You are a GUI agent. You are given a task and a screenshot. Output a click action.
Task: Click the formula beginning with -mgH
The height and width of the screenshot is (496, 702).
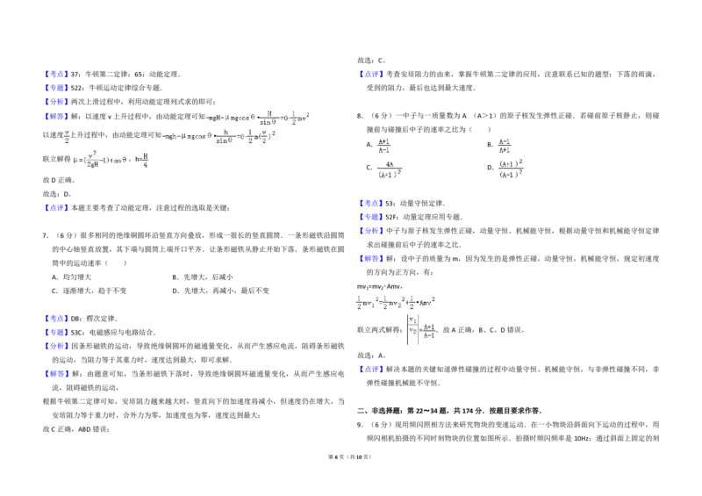[259, 116]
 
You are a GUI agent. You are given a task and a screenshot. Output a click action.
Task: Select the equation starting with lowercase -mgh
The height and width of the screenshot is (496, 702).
[219, 136]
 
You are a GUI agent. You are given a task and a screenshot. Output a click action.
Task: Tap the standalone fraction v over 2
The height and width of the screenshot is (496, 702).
[67, 136]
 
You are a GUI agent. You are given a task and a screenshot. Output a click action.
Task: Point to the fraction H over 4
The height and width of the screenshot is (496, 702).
[147, 158]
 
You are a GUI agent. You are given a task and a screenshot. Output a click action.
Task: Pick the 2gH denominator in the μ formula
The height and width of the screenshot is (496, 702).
[90, 166]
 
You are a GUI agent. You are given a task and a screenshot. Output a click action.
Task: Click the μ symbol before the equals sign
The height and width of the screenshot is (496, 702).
[75, 161]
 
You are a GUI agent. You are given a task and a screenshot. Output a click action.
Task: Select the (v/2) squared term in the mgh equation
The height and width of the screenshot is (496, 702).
[269, 136]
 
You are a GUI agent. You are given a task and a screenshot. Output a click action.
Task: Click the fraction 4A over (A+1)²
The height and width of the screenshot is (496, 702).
[389, 169]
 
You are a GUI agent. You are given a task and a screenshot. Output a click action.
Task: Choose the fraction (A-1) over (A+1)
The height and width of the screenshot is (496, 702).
[505, 146]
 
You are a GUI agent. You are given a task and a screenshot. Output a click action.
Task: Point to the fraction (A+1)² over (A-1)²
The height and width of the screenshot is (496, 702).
[512, 168]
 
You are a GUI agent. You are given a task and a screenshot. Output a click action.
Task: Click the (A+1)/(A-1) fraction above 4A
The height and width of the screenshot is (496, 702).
[383, 145]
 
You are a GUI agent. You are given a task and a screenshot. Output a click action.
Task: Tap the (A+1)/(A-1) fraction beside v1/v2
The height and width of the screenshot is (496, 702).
[429, 331]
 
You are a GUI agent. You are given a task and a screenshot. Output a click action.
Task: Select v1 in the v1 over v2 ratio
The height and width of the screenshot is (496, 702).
[412, 320]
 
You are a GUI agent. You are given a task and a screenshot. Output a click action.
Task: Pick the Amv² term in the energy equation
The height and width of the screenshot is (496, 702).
[426, 303]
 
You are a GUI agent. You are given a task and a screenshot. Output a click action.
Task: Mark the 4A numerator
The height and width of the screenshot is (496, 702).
[389, 163]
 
